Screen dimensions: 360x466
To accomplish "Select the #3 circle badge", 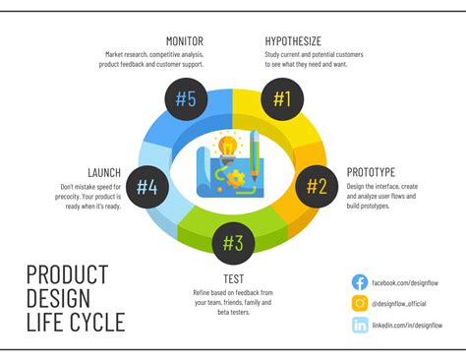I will point(233,241).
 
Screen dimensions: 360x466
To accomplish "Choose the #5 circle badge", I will point(185,98).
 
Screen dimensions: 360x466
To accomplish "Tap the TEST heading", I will point(232,279).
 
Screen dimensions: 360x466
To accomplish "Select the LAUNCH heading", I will point(104,172).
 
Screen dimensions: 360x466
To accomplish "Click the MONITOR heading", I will point(185,40).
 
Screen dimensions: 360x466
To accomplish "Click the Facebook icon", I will point(360,282).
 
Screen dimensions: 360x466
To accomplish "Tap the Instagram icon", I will point(360,304).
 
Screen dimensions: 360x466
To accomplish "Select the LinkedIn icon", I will point(360,326).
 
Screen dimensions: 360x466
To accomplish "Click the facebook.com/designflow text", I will point(406,282).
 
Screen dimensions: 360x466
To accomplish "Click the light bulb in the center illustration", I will point(228,148).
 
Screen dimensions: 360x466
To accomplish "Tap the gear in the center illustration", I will point(237,180).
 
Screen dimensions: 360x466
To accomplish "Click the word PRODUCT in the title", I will point(67,274).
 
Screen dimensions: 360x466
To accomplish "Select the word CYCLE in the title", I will point(95,322).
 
